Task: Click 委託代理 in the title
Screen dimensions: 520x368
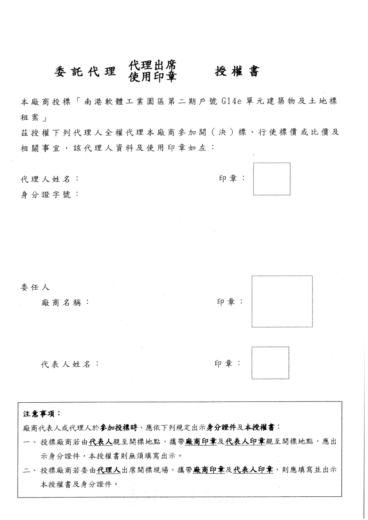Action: [x=85, y=72]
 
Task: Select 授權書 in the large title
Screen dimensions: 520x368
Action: [x=237, y=72]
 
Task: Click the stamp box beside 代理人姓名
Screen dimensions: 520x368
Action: [x=272, y=179]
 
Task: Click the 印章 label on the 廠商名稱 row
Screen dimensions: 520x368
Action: [x=229, y=302]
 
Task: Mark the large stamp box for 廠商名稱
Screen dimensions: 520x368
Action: [x=282, y=301]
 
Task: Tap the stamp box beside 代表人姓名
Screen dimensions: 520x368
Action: [x=270, y=363]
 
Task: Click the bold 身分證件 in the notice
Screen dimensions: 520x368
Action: [x=222, y=428]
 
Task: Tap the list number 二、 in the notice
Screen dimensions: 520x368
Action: [x=29, y=471]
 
